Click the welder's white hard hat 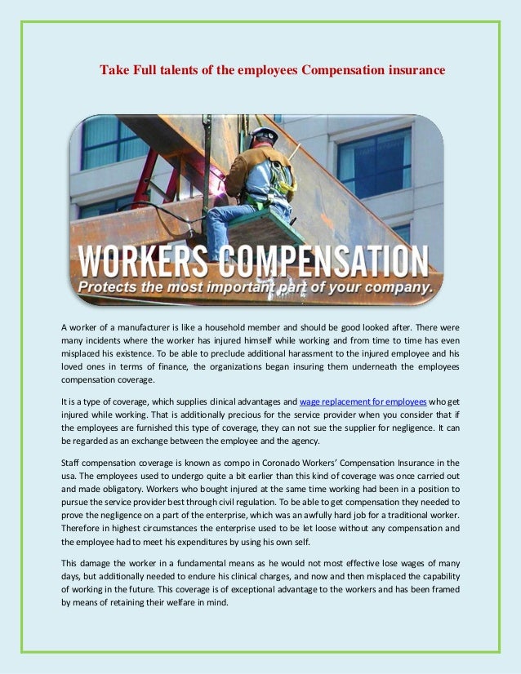pyautogui.click(x=264, y=133)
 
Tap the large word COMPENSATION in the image pyautogui.click(x=324, y=262)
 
